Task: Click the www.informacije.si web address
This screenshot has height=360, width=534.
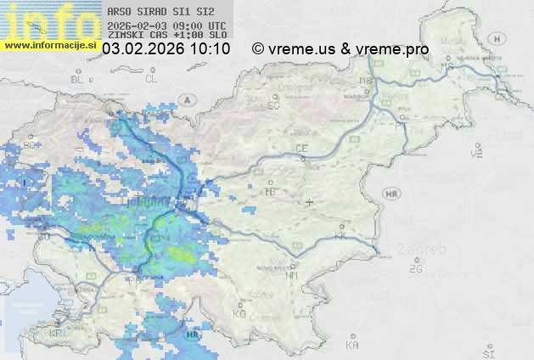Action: pyautogui.click(x=50, y=44)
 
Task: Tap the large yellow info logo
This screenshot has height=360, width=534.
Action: pyautogui.click(x=51, y=19)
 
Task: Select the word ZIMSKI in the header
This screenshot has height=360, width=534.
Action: pyautogui.click(x=125, y=36)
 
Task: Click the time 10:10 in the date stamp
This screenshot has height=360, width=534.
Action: pyautogui.click(x=210, y=49)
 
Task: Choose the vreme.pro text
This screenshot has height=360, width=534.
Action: pyautogui.click(x=392, y=49)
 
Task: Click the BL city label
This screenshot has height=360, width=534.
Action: pyautogui.click(x=79, y=79)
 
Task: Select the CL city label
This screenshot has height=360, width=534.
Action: pyautogui.click(x=152, y=79)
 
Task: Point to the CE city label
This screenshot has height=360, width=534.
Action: pyautogui.click(x=301, y=149)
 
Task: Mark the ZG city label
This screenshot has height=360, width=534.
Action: pyautogui.click(x=415, y=269)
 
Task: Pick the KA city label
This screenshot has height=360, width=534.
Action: pyautogui.click(x=352, y=345)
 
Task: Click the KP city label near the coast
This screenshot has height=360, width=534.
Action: pyautogui.click(x=56, y=333)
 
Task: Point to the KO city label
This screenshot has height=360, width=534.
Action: pyautogui.click(x=239, y=313)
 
